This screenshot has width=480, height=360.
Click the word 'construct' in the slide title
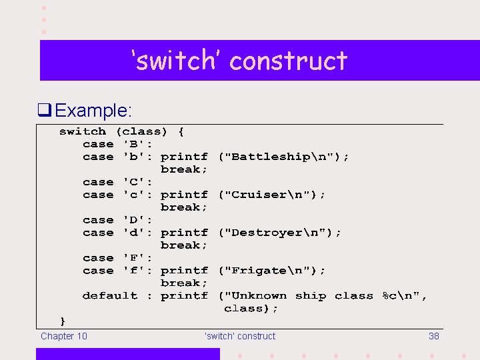(289, 61)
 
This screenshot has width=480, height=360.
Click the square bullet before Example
(45, 110)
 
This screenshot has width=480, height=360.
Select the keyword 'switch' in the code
(83, 131)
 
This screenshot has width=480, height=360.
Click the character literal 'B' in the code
(135, 144)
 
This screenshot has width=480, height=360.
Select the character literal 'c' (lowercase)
(135, 195)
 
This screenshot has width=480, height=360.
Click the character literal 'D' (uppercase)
(135, 220)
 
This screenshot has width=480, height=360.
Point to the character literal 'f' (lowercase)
(135, 271)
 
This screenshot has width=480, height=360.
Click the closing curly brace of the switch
(63, 321)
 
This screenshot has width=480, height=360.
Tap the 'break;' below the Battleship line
(184, 169)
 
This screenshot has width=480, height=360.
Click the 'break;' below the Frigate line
(184, 283)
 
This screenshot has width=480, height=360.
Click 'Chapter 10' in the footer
(64, 336)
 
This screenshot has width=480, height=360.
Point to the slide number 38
(433, 336)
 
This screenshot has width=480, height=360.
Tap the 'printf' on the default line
(184, 296)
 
